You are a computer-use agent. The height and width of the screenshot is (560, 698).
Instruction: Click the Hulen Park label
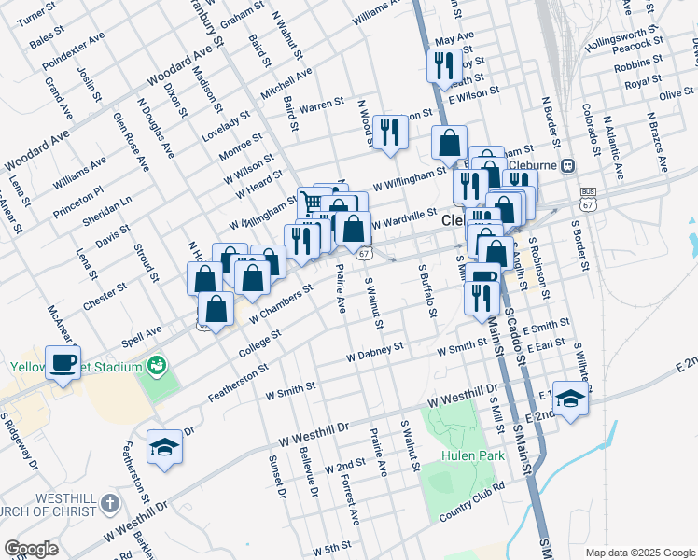(474, 455)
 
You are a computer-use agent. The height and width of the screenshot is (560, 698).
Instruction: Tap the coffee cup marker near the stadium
(63, 363)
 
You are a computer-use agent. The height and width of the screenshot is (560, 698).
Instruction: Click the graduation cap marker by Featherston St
(164, 447)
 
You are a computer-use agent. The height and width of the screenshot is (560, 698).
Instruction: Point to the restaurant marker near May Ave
(443, 65)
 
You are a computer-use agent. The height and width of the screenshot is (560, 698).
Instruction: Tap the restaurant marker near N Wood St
(390, 132)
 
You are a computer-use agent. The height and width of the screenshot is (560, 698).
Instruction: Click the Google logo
(32, 549)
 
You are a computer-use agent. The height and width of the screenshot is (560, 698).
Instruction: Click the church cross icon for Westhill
(109, 502)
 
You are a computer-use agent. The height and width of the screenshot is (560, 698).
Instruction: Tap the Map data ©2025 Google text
(639, 553)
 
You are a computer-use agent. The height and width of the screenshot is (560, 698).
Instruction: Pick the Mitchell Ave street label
(286, 86)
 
